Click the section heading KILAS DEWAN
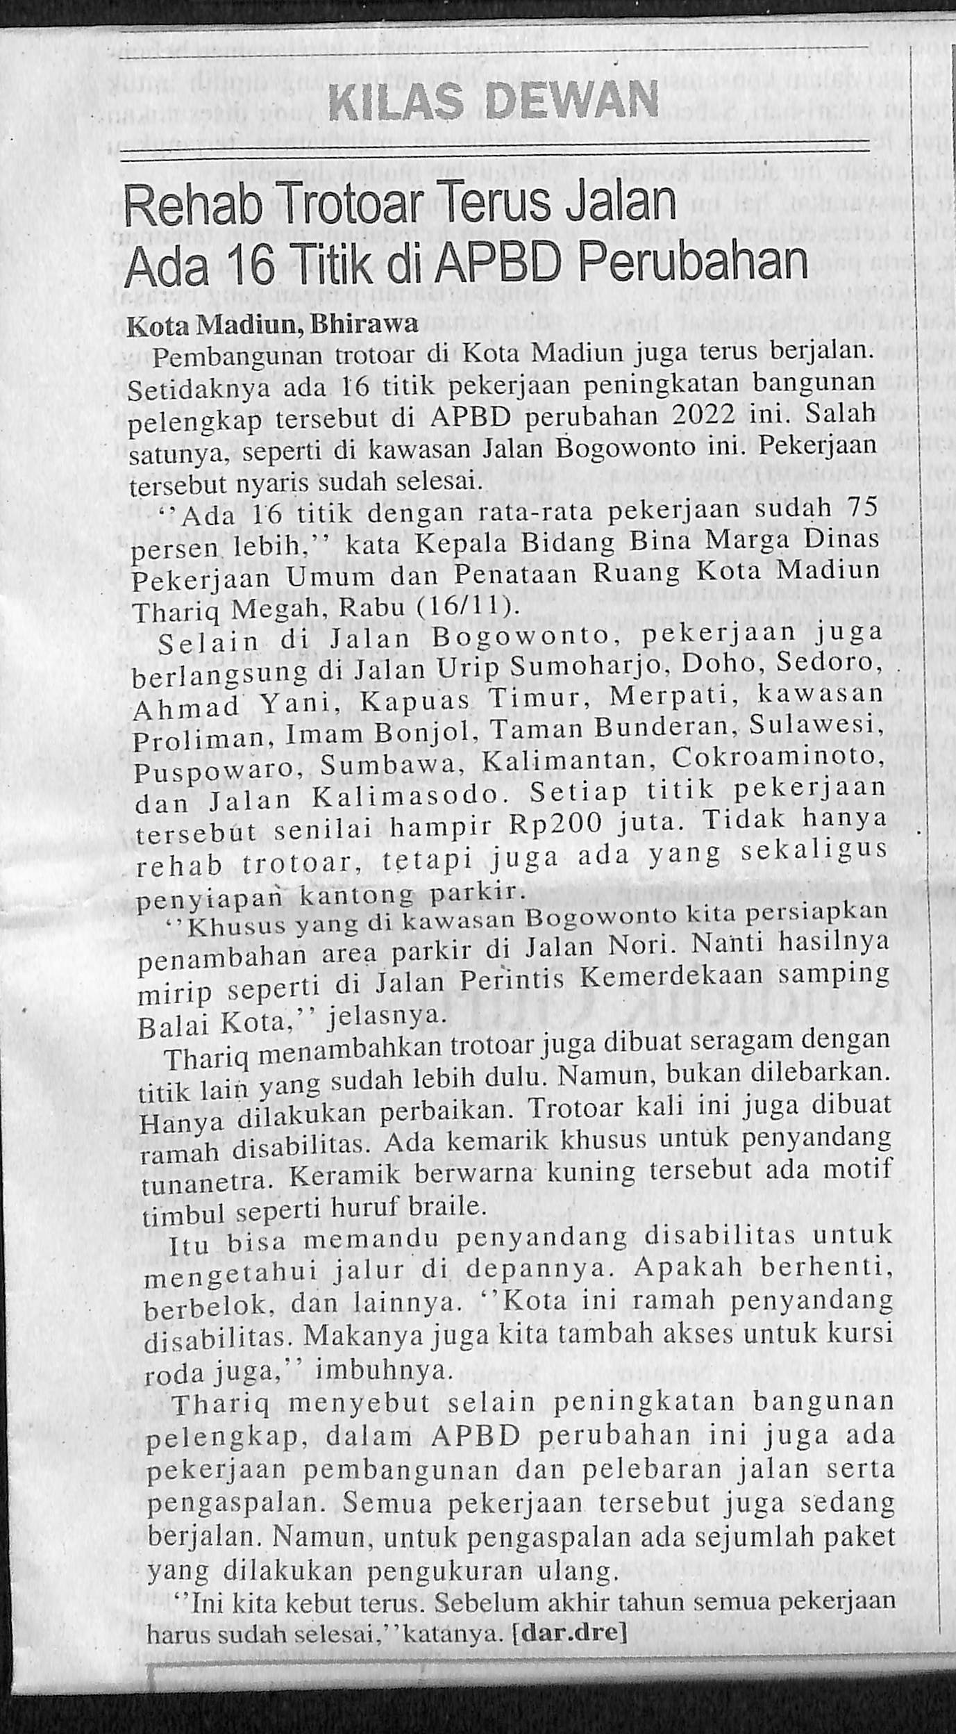point(493,102)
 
